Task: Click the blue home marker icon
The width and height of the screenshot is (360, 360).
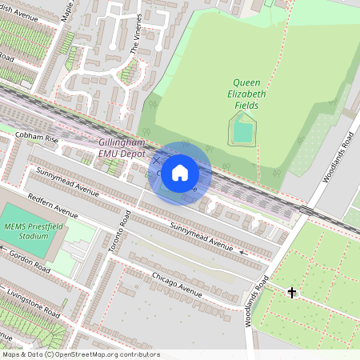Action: [180, 173]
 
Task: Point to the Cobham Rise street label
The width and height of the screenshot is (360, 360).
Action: [37, 138]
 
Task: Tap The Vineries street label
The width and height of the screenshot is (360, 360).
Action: [137, 33]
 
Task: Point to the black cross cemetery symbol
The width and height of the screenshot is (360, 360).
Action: [292, 293]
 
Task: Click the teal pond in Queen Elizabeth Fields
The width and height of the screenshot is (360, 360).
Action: [243, 130]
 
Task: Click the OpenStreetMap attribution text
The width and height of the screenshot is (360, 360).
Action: [81, 354]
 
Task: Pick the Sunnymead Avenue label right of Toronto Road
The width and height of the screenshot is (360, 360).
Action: [202, 238]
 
